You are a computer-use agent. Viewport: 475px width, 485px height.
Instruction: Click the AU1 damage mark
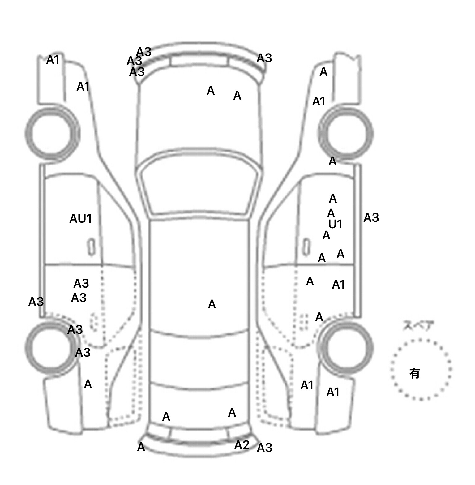click(x=80, y=219)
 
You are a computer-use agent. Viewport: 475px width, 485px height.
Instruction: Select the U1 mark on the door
click(x=335, y=224)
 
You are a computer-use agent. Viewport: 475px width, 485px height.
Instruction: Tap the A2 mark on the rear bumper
click(x=242, y=445)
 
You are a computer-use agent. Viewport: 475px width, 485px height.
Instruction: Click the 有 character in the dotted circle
click(x=415, y=373)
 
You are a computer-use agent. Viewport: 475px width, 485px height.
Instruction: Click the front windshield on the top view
click(x=199, y=186)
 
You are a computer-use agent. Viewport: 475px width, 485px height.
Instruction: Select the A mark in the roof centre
click(x=212, y=304)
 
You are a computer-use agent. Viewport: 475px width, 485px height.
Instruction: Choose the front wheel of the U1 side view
click(x=345, y=133)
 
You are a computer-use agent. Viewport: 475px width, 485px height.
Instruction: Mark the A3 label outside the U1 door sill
click(x=371, y=218)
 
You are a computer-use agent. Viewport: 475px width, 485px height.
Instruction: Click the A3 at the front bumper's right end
click(x=264, y=58)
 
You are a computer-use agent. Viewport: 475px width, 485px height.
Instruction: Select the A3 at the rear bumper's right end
click(x=264, y=448)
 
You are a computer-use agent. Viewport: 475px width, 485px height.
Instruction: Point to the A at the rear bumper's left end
click(x=141, y=447)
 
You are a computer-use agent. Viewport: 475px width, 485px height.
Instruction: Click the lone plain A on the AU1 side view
click(x=88, y=384)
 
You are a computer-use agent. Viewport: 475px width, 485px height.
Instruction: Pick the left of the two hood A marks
click(x=211, y=91)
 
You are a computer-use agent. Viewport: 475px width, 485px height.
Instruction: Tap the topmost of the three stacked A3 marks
click(x=144, y=52)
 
